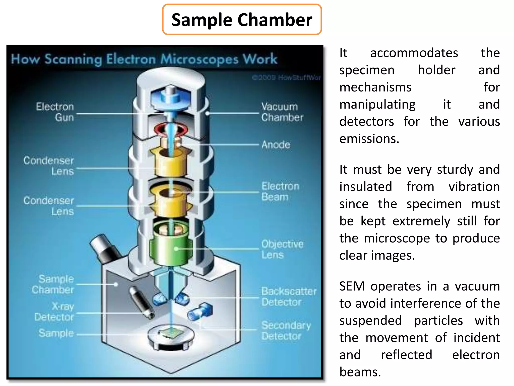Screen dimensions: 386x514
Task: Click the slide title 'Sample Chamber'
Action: click(242, 20)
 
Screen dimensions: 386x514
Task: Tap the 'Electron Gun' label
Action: click(55, 112)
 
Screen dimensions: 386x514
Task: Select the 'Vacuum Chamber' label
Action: click(282, 112)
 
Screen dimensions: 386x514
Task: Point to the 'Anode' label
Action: click(276, 145)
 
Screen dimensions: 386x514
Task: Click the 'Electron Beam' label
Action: click(280, 191)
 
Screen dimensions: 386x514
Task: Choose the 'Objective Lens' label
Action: click(282, 249)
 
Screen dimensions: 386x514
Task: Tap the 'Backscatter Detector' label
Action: click(289, 297)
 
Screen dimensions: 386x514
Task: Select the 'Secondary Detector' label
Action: click(286, 331)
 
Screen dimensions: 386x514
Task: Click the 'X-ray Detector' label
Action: click(54, 312)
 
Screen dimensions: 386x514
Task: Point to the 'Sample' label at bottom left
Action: click(56, 333)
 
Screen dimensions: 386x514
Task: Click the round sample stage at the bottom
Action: click(171, 337)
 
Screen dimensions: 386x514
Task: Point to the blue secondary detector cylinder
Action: click(200, 312)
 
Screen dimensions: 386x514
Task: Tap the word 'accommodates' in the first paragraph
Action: click(414, 53)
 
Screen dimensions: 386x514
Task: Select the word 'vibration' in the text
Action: click(474, 187)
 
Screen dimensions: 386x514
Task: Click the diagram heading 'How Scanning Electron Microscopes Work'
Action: click(144, 59)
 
